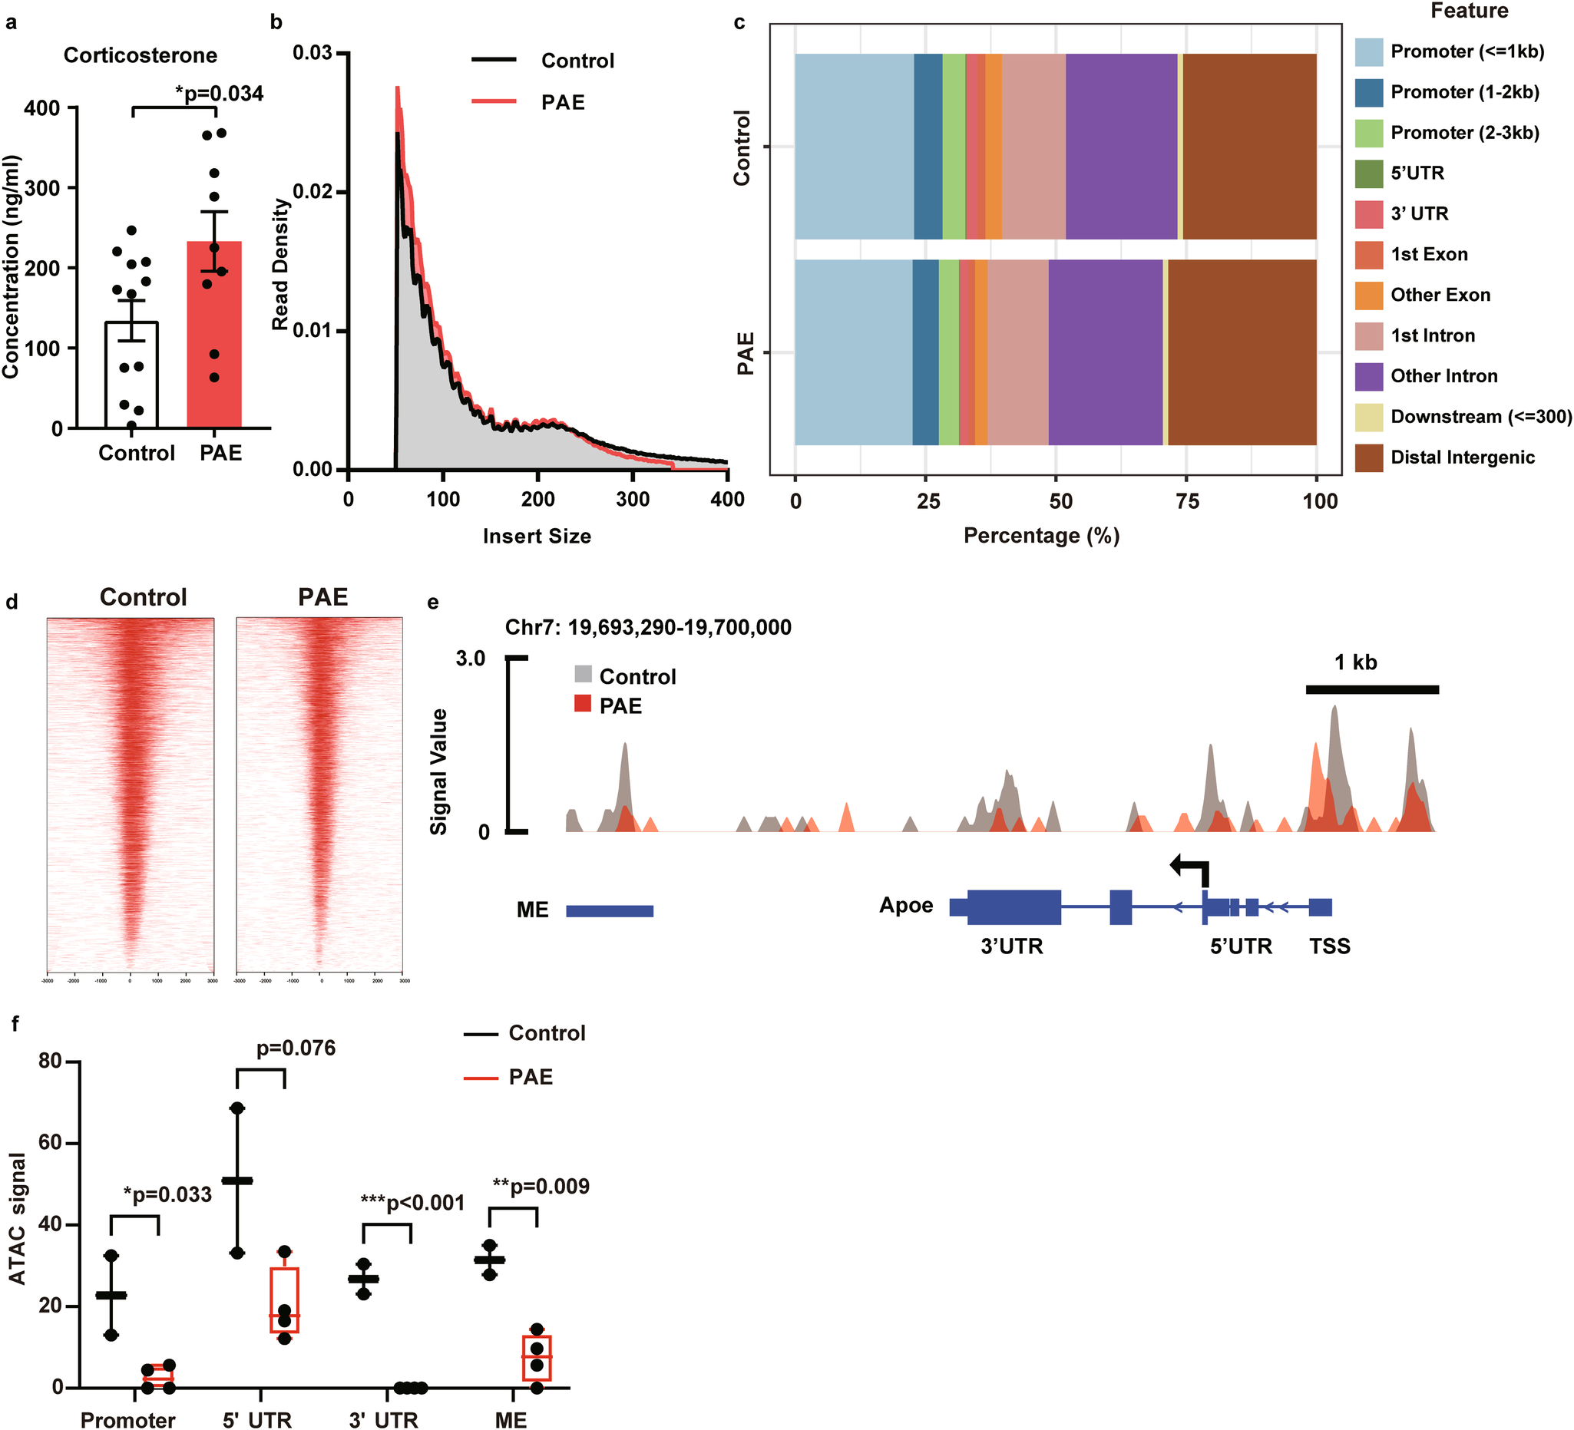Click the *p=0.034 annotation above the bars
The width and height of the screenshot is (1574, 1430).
[x=220, y=94]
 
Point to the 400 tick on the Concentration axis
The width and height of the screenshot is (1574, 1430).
[x=42, y=107]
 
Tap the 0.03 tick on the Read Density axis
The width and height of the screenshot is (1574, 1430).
[x=312, y=53]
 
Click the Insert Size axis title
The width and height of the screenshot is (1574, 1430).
[x=537, y=537]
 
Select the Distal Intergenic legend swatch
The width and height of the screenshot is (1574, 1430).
[x=1369, y=457]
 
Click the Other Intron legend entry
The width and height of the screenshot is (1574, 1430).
[x=1443, y=376]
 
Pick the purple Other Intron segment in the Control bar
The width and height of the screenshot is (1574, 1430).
[x=1120, y=147]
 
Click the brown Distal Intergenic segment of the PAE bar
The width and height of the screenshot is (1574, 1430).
[x=1242, y=352]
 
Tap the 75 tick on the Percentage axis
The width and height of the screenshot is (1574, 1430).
[x=1187, y=501]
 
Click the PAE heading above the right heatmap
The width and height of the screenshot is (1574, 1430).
[x=322, y=597]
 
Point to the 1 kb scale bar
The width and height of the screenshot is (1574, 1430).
[x=1372, y=689]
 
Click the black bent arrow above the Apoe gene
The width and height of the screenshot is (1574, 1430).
[x=1192, y=869]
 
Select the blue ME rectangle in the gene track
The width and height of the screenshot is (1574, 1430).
[x=609, y=911]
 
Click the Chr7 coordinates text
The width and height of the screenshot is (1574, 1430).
[x=648, y=628]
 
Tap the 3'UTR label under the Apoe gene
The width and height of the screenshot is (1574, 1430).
[x=1012, y=947]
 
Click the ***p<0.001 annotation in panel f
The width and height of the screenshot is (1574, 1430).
[x=412, y=1203]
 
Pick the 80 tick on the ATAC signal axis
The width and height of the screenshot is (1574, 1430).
[x=51, y=1062]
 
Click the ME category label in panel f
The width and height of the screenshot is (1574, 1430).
[x=511, y=1419]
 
